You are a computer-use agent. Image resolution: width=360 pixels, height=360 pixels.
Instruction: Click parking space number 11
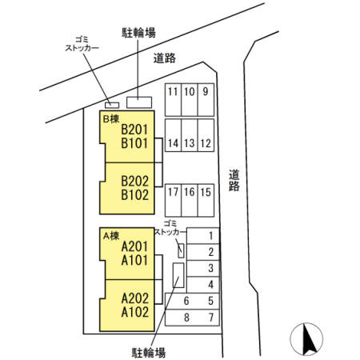click(173, 90)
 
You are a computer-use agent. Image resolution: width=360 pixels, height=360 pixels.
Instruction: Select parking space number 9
click(206, 90)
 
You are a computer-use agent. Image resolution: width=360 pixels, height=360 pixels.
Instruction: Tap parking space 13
click(190, 144)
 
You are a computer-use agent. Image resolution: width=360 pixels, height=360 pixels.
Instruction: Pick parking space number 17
click(173, 192)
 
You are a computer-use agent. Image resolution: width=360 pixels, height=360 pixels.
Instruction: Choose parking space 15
click(206, 192)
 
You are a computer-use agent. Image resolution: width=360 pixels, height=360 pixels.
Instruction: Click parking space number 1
click(210, 235)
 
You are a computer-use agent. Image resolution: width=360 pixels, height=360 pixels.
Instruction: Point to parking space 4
click(210, 285)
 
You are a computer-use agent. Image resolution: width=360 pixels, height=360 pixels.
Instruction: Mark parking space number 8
click(186, 317)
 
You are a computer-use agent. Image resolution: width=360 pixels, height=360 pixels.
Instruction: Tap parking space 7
click(210, 317)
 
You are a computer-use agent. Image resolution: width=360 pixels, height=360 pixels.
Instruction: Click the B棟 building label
click(110, 117)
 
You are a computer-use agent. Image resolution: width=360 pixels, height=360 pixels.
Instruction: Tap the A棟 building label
click(110, 235)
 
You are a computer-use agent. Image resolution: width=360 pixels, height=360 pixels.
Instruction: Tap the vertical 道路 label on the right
click(234, 181)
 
